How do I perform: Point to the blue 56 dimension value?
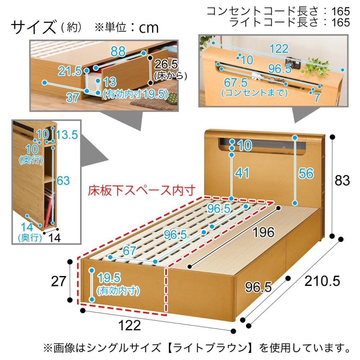pos(306,173)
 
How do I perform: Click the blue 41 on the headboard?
pos(242,173)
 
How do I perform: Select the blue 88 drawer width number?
pos(118,51)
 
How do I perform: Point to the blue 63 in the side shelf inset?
pos(63,180)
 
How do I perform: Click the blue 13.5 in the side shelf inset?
pos(66,135)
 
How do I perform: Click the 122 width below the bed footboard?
pos(130,326)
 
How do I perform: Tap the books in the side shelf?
pos(48,206)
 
